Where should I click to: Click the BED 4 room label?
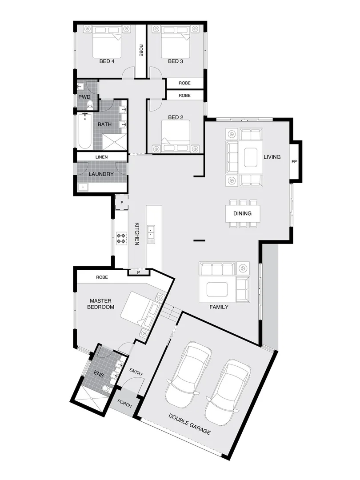coord(107,61)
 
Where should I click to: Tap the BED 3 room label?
coord(176,61)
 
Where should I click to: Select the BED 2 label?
coord(176,117)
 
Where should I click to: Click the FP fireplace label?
coord(294,162)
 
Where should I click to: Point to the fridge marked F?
coord(122,203)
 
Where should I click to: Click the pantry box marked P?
coord(138,272)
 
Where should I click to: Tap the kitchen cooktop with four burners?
coord(122,239)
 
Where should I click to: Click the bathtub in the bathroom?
coord(85,131)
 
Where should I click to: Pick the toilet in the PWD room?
coord(90,105)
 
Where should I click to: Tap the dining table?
coord(243,213)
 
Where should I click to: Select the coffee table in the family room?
coord(217,289)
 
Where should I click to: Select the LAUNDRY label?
coord(101,174)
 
